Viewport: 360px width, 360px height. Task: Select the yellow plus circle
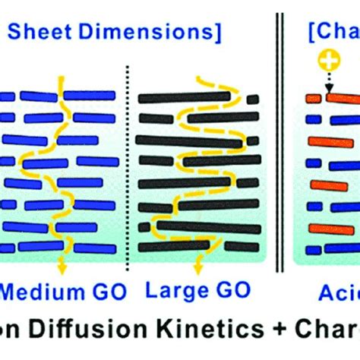coord(327,59)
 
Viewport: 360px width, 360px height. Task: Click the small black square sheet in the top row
coord(252,98)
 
